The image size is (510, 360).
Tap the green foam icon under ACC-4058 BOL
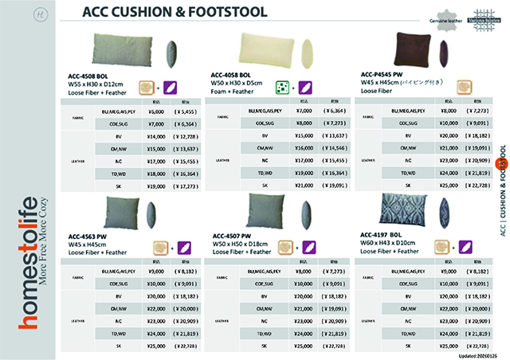[281, 88]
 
